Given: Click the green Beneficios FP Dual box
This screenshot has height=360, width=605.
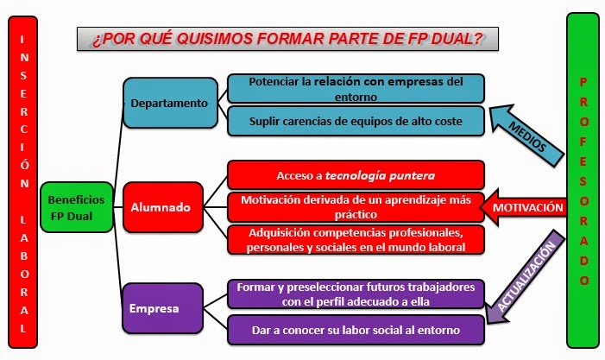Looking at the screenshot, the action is (x=77, y=207).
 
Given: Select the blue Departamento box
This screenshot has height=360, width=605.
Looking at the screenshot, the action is (x=170, y=103).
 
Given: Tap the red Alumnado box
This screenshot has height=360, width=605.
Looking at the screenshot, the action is (x=163, y=207).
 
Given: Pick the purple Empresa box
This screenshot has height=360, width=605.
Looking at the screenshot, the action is (x=162, y=308).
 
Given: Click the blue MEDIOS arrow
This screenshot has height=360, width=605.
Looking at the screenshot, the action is (x=527, y=136).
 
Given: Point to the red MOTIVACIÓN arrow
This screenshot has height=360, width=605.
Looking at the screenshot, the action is (x=524, y=207).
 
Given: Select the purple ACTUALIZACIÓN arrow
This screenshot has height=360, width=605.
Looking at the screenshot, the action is (x=525, y=276).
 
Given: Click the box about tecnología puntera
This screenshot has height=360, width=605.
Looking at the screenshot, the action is (x=356, y=175).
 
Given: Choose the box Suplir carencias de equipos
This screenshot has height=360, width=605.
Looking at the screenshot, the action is (x=356, y=121).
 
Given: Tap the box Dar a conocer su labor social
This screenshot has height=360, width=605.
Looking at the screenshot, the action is (x=356, y=330).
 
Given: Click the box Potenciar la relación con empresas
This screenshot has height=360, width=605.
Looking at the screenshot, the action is (x=356, y=89).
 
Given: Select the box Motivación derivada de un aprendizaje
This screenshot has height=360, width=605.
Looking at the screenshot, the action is (x=356, y=207).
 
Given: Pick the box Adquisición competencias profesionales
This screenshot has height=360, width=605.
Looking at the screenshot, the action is (x=356, y=240).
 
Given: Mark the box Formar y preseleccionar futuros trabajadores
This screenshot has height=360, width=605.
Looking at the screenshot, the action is (x=356, y=294).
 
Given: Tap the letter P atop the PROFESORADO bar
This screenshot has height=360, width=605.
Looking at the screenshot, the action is (x=583, y=82).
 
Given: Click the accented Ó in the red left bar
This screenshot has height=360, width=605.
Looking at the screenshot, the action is (x=24, y=163).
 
